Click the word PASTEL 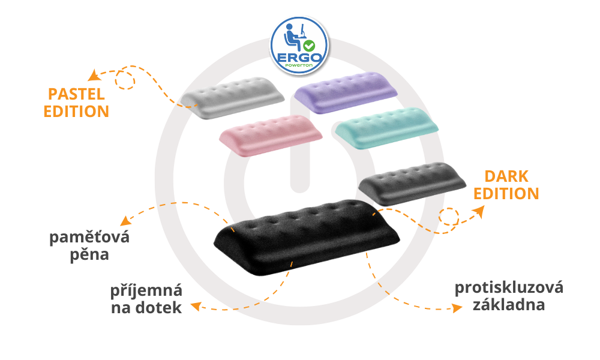point(76,94)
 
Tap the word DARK point(506,176)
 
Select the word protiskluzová point(509,287)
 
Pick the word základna point(509,305)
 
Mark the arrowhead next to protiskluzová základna point(457,308)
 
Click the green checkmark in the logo point(309,46)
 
